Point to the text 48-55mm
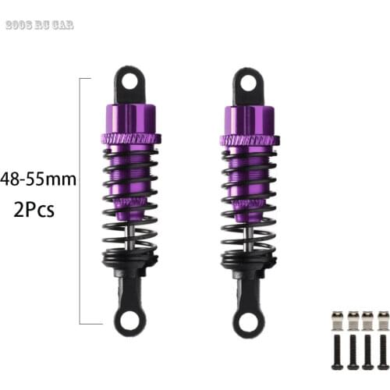point(39,179)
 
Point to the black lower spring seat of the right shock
point(247,260)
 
